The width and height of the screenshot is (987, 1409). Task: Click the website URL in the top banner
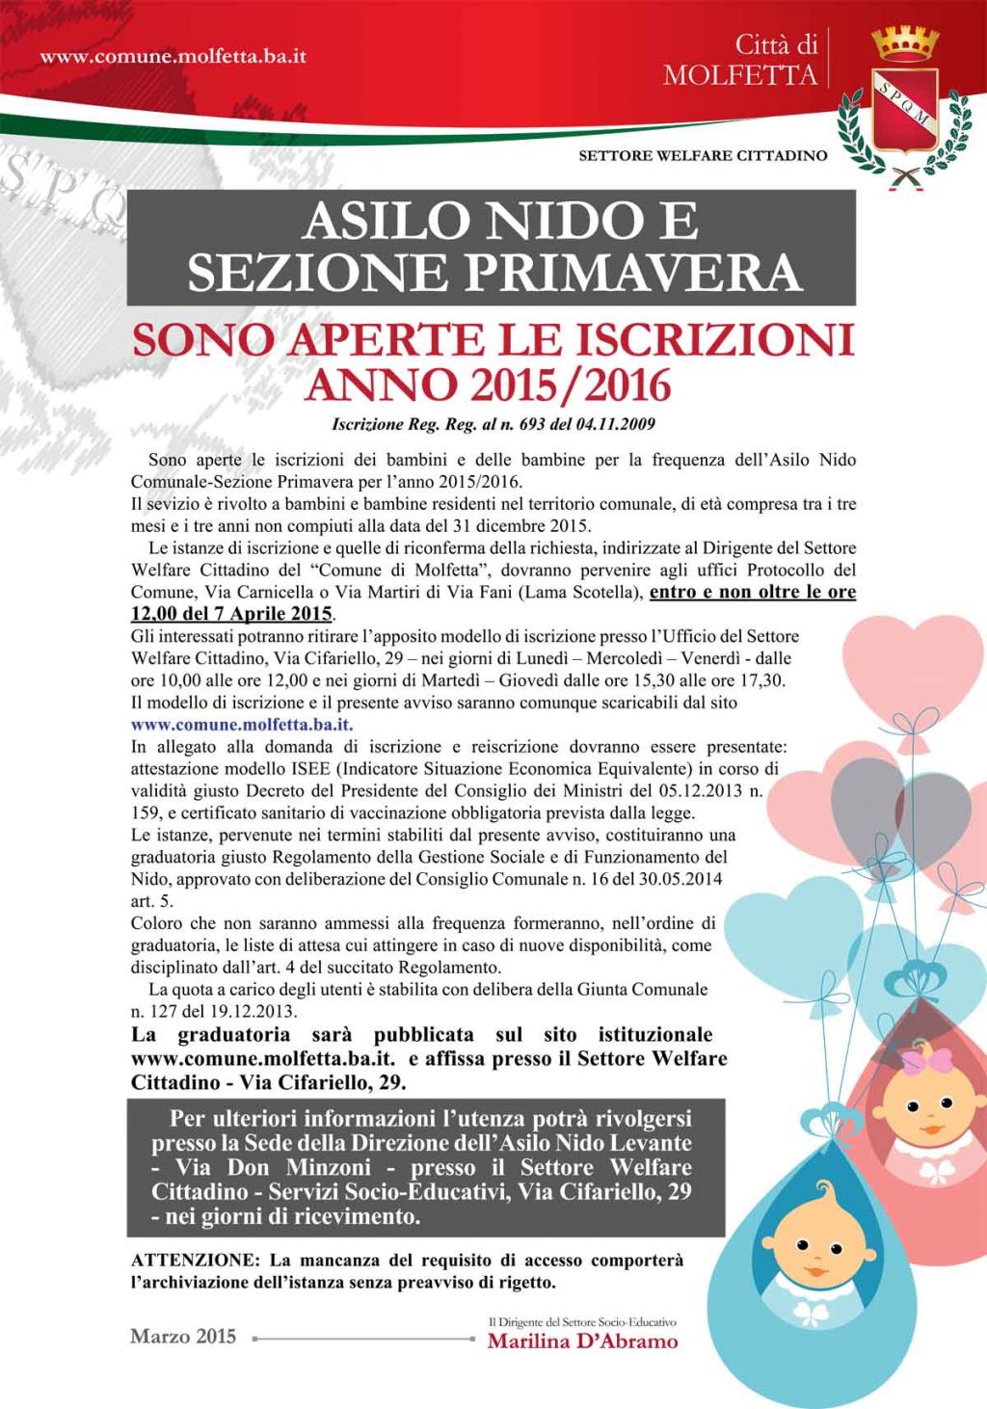click(173, 56)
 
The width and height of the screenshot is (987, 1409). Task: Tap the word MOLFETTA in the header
click(740, 75)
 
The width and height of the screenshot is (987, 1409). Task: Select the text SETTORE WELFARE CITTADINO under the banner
click(703, 155)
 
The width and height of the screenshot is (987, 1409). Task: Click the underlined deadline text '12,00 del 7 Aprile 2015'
click(231, 614)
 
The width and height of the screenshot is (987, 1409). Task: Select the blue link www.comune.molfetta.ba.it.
click(242, 725)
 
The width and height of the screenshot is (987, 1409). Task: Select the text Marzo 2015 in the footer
click(183, 1336)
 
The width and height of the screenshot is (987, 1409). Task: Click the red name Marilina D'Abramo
click(582, 1342)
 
